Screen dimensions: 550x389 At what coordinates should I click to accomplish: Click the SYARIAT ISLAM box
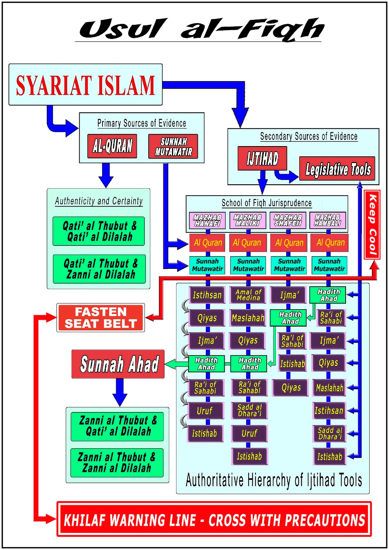(x=85, y=85)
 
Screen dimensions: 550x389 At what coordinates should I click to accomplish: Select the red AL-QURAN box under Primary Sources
(x=112, y=146)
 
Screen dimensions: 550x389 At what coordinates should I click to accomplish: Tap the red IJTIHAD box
(x=262, y=158)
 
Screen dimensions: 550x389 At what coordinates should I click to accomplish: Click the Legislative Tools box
(x=337, y=169)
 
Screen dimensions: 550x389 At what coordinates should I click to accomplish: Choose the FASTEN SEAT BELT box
(x=100, y=318)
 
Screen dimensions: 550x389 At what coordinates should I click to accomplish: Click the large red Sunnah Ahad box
(x=118, y=364)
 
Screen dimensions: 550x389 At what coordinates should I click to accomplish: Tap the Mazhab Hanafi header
(x=207, y=220)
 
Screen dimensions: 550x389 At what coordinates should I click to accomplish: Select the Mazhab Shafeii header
(x=288, y=220)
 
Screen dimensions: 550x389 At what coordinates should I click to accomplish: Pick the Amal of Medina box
(x=248, y=295)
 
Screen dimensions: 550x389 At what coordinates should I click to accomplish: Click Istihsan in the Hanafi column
(x=207, y=295)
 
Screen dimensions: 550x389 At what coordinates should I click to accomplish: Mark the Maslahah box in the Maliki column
(x=248, y=318)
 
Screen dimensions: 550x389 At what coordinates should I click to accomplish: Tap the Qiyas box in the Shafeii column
(x=291, y=388)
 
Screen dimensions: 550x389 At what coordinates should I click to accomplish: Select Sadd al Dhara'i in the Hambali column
(x=329, y=434)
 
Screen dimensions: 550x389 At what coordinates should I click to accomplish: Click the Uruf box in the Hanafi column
(x=205, y=411)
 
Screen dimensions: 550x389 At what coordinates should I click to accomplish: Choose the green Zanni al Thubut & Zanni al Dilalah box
(x=117, y=463)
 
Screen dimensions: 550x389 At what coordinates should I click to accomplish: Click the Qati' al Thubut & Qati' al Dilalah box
(x=99, y=231)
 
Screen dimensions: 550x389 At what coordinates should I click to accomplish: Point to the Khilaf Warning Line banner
(x=214, y=519)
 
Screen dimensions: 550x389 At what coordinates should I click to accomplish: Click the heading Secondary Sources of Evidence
(x=309, y=136)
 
